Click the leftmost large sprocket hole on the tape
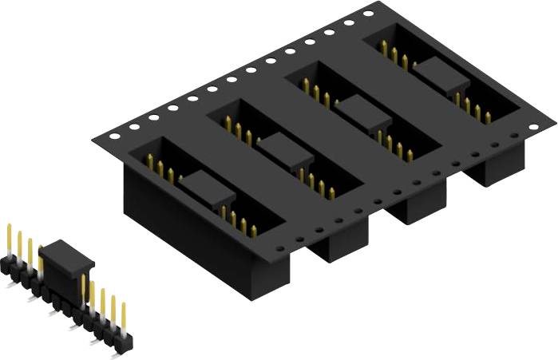[x=115, y=136]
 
